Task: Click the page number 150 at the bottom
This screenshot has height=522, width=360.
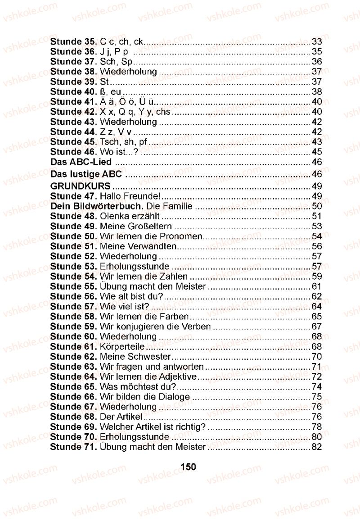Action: tap(188, 467)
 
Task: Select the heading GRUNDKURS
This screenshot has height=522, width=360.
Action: tap(80, 186)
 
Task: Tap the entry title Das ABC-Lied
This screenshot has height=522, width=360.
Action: tap(81, 162)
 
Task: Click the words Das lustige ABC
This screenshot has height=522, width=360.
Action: tap(86, 174)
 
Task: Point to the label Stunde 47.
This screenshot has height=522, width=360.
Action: tap(73, 196)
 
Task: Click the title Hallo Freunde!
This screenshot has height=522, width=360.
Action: tap(130, 196)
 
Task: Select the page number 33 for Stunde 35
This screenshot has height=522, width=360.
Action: tap(317, 42)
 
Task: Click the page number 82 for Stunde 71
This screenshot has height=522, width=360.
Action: tap(317, 447)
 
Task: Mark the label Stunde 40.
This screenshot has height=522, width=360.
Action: tap(73, 91)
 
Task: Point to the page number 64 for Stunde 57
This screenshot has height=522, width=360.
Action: tap(317, 306)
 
